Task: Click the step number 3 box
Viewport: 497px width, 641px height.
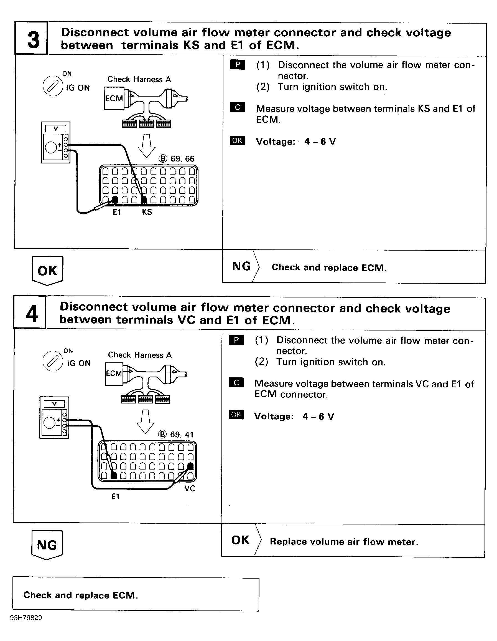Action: click(x=31, y=39)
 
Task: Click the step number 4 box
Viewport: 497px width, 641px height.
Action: click(x=30, y=312)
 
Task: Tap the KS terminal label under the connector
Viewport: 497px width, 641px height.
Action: click(x=147, y=212)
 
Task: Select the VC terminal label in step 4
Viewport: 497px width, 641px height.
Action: click(x=190, y=488)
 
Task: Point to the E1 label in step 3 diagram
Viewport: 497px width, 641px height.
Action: click(x=117, y=212)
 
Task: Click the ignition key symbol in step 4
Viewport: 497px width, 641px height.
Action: click(x=53, y=361)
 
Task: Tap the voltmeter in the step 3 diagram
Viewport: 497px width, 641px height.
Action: click(x=56, y=143)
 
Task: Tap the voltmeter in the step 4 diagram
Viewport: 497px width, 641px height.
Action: click(x=55, y=418)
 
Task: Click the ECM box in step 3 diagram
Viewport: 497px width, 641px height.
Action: click(x=114, y=99)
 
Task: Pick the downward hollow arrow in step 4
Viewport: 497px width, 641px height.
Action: click(x=146, y=421)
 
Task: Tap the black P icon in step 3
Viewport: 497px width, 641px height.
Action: click(x=238, y=65)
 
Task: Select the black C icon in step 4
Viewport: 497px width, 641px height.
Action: click(x=236, y=383)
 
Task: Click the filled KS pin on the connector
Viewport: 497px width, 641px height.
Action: click(x=144, y=200)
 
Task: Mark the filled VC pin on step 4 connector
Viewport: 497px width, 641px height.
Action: click(x=190, y=466)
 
